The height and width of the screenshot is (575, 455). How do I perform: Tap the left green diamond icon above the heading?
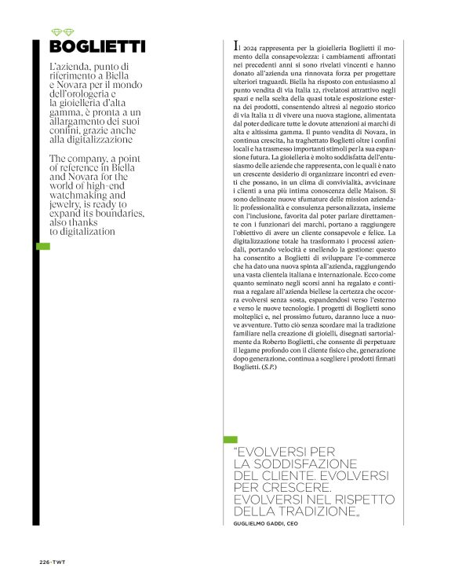coord(55,31)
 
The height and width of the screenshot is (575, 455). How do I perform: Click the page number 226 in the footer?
coord(45,561)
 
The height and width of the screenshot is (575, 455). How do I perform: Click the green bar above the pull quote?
coord(230,439)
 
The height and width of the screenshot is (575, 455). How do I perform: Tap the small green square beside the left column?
coord(42,247)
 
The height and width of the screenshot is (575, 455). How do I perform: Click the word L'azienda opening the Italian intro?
coord(71,67)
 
